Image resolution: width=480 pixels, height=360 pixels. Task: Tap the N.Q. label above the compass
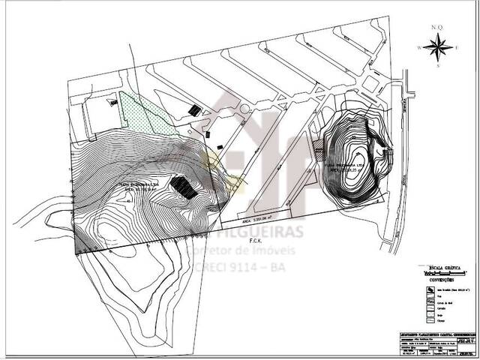point(437,28)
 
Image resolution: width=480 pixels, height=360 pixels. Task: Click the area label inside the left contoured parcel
point(138,185)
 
